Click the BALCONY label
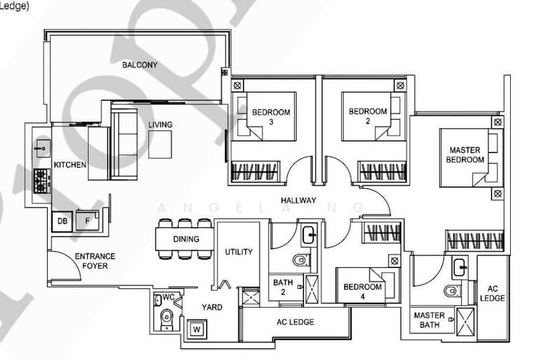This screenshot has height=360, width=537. [140, 65]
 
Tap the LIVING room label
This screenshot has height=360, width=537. [161, 125]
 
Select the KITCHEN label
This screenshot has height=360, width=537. [70, 165]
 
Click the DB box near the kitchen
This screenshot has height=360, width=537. [62, 220]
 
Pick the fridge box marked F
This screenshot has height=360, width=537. [85, 220]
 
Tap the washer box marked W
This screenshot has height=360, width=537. [197, 329]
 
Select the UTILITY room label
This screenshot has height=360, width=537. [238, 253]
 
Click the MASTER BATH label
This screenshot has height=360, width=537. [430, 320]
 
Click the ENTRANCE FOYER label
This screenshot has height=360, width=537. [95, 261]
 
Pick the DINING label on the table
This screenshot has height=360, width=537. [185, 238]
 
